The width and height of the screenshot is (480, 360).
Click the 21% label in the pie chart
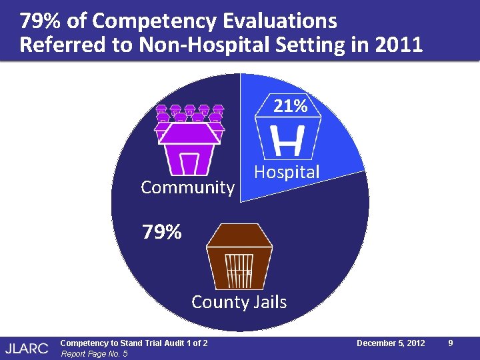[x=290, y=106]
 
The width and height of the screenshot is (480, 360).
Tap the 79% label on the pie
[x=161, y=233]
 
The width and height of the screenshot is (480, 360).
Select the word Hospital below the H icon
[x=287, y=172]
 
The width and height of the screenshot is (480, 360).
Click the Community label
[x=187, y=187]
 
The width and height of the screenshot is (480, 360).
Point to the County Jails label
[x=239, y=302]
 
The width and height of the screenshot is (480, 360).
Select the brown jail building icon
[x=239, y=257]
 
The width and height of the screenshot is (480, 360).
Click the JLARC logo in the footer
[x=27, y=347]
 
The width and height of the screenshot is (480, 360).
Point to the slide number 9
[x=451, y=343]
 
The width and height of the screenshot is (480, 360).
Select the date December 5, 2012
[x=391, y=343]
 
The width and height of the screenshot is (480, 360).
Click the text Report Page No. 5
[x=93, y=353]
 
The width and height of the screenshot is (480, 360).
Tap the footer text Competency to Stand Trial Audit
[x=133, y=343]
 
